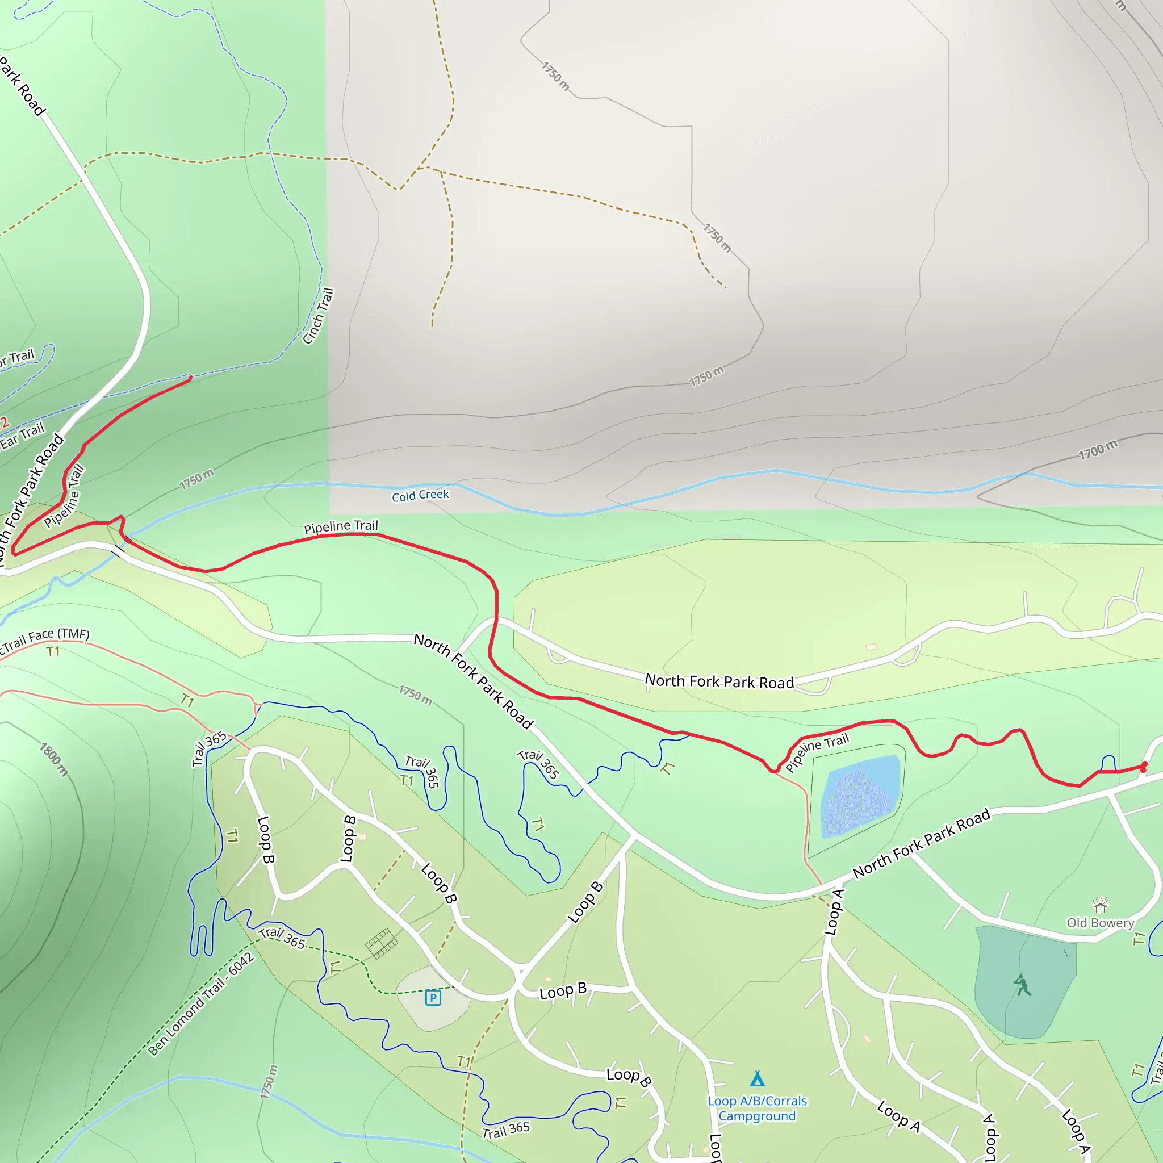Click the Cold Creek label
click(x=420, y=495)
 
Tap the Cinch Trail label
click(x=318, y=317)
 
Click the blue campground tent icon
click(x=758, y=1078)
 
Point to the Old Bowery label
click(x=1100, y=923)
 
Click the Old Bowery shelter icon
click(x=1101, y=905)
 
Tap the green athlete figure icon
click(x=1022, y=986)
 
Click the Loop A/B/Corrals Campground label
click(x=758, y=1108)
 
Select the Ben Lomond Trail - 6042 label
click(x=201, y=1004)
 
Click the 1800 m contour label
click(x=54, y=759)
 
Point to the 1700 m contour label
click(x=1097, y=450)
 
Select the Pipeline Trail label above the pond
click(x=817, y=752)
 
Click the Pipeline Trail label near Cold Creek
click(x=341, y=527)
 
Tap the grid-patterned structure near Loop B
click(x=381, y=943)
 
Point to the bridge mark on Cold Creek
click(x=119, y=551)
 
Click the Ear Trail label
click(x=22, y=436)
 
